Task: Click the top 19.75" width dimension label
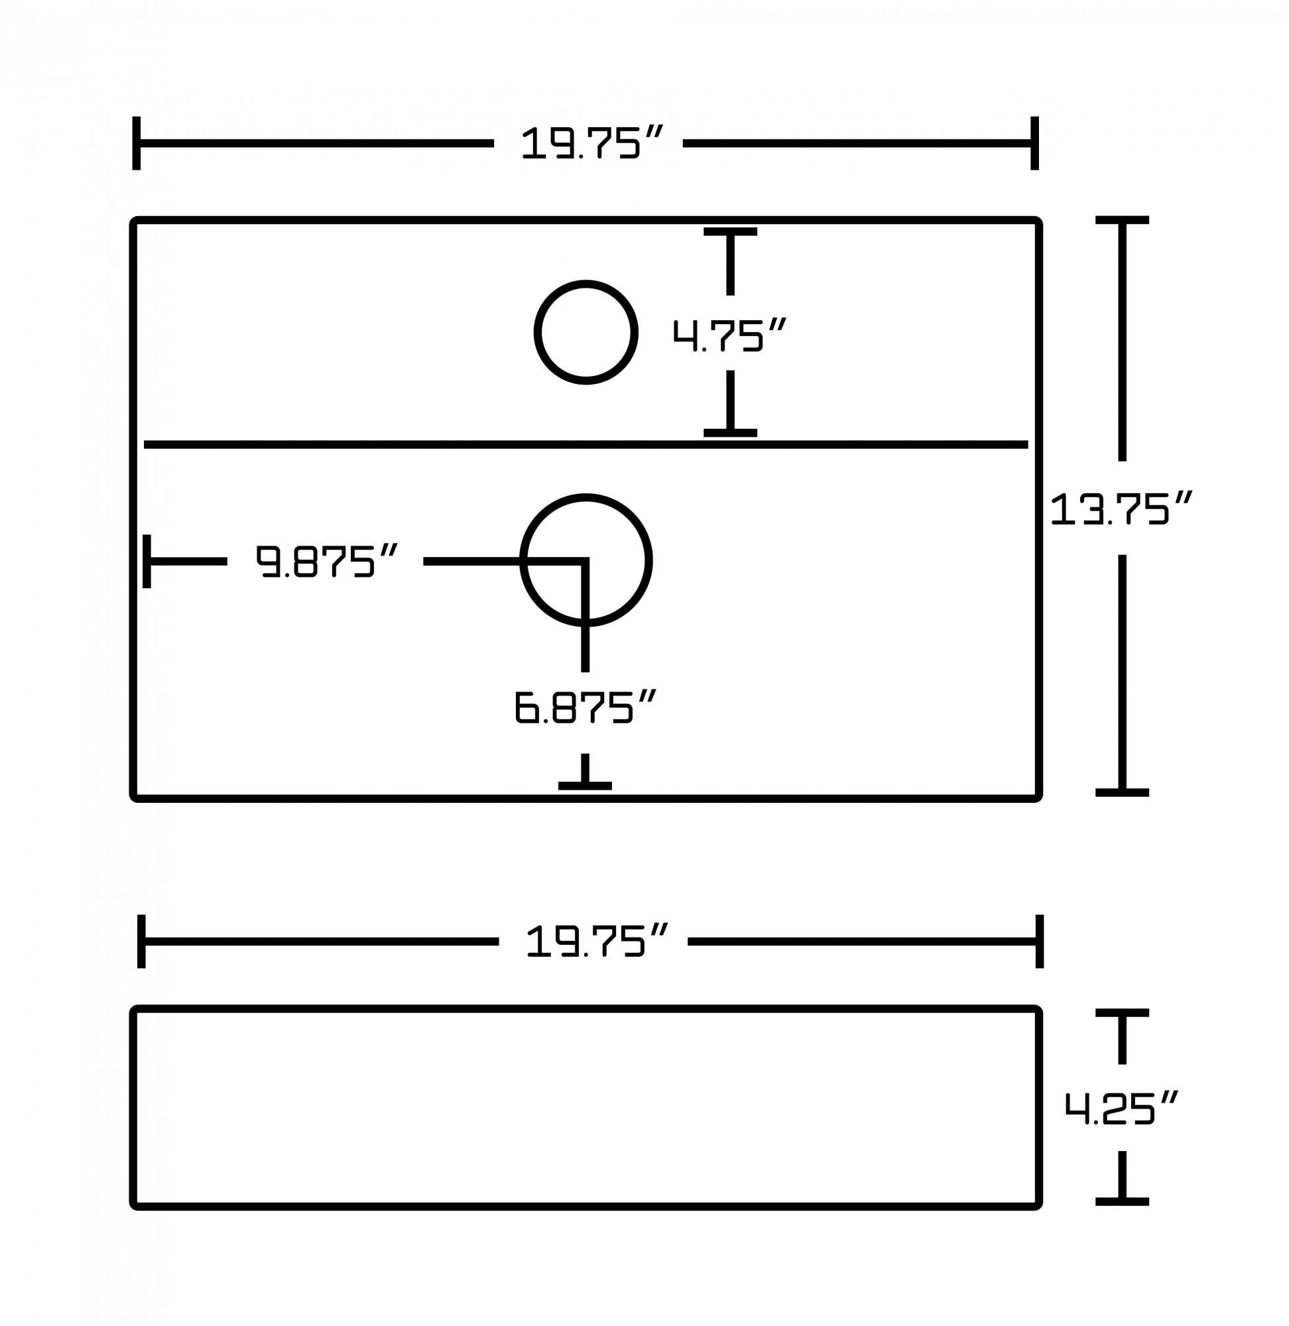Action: [x=590, y=143]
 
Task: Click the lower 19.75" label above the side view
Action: [x=595, y=941]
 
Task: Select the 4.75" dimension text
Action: [x=729, y=334]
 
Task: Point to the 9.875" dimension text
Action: [x=326, y=561]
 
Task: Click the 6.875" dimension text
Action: [x=584, y=707]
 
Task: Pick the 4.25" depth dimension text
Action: [x=1121, y=1108]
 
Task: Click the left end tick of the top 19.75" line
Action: [x=137, y=143]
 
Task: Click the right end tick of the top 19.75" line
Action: [x=1034, y=143]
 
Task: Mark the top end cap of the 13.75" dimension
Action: [x=1122, y=220]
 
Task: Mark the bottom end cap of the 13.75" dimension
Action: [x=1122, y=792]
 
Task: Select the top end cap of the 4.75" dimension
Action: [x=730, y=231]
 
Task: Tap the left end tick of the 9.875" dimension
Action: [x=147, y=561]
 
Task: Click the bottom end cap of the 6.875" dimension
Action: [x=585, y=785]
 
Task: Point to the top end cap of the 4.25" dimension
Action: [x=1122, y=1012]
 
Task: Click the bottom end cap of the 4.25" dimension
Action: [x=1122, y=1201]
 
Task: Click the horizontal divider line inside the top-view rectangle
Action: [x=339, y=445]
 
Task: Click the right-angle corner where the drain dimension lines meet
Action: [x=585, y=561]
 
